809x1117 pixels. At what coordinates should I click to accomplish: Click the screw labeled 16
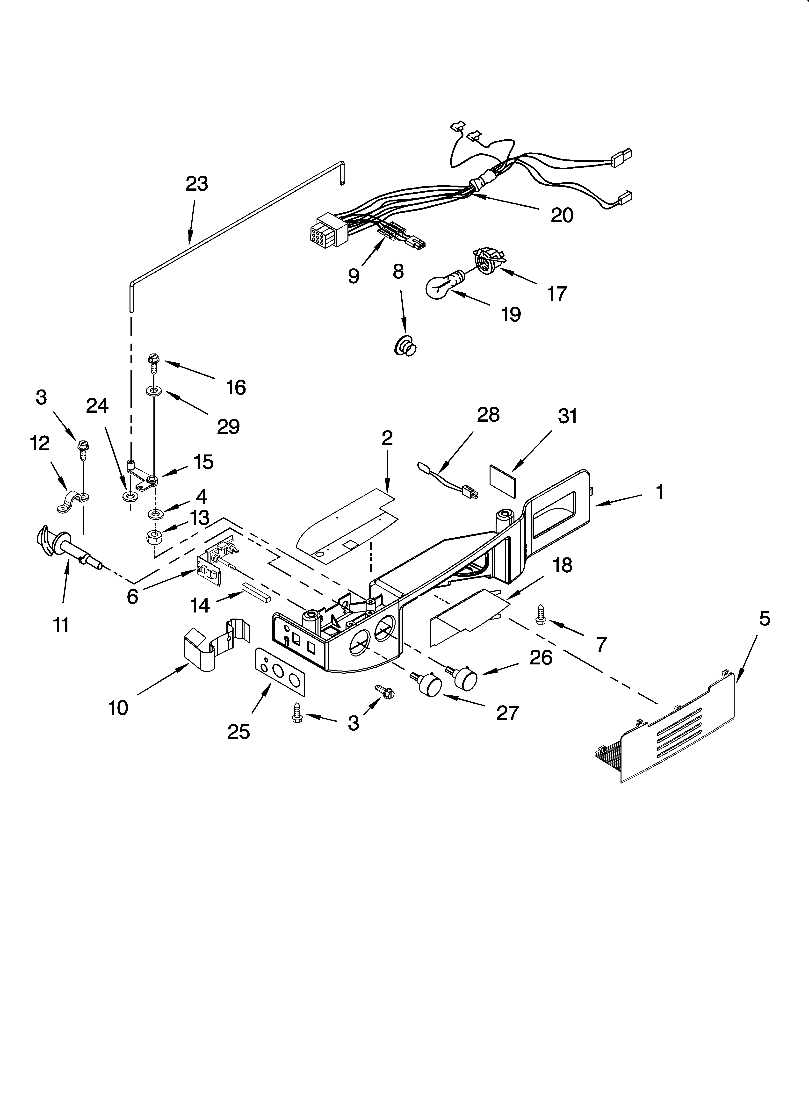coord(154,364)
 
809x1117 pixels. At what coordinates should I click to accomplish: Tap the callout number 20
coord(562,215)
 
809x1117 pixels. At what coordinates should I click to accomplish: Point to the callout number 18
coord(562,565)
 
